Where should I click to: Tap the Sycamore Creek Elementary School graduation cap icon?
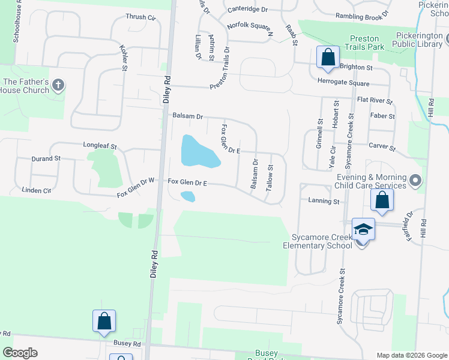click(x=363, y=230)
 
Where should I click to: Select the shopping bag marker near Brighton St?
click(x=328, y=59)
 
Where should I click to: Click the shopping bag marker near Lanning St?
click(x=382, y=201)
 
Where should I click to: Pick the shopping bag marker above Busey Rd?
click(x=104, y=322)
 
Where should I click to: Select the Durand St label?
click(x=47, y=159)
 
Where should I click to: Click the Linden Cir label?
click(x=37, y=191)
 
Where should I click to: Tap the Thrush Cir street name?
click(x=140, y=17)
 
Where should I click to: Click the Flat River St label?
click(x=374, y=101)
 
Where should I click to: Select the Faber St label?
click(x=382, y=116)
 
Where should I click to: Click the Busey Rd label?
click(x=127, y=344)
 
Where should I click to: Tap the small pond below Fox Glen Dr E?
click(x=188, y=196)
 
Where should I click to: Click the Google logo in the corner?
click(x=20, y=353)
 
